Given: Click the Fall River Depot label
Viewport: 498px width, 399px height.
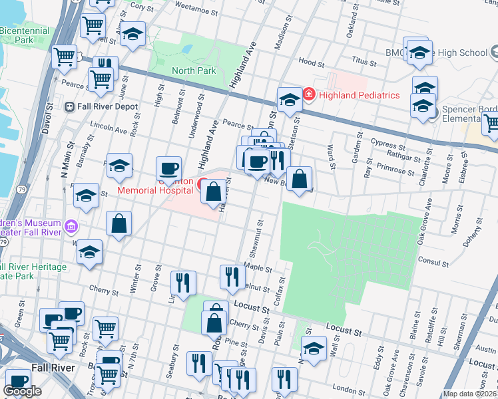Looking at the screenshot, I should [107, 106].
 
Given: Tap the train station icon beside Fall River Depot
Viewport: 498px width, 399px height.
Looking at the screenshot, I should [69, 106].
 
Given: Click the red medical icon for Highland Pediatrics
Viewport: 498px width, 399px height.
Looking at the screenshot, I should [308, 95].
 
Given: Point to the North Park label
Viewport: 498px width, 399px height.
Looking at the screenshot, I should [194, 70].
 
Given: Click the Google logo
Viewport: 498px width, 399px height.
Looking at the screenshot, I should [22, 392].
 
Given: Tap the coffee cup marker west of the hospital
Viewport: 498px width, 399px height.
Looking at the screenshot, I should [168, 169].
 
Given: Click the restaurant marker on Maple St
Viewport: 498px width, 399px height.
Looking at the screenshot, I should [232, 276].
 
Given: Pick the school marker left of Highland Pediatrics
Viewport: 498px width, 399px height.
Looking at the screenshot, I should [290, 100].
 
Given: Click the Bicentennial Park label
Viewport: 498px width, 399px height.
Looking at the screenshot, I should [25, 35].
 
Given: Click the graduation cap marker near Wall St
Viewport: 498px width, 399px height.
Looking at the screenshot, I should [314, 348].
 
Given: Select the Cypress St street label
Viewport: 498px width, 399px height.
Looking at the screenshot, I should [388, 145].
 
